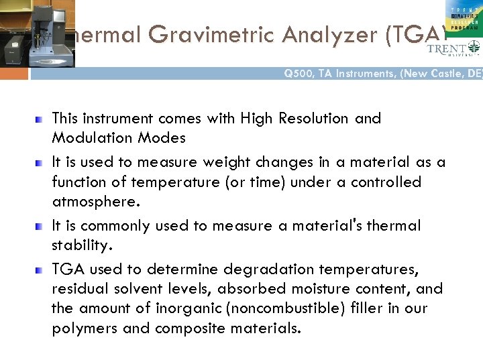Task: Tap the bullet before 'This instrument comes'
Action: coord(39,119)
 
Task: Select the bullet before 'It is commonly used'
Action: coord(39,226)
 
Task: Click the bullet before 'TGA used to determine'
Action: coord(39,269)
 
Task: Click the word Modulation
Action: coord(87,139)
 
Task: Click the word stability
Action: coord(78,245)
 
